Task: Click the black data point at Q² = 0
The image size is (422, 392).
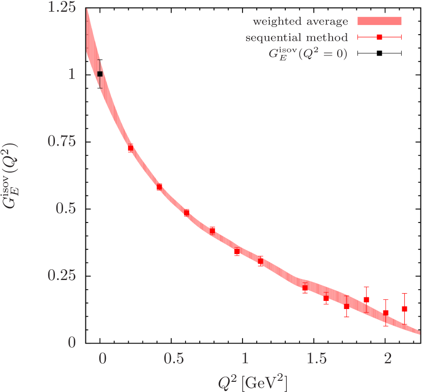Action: coord(100,74)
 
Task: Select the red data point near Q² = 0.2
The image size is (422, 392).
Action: coord(131,148)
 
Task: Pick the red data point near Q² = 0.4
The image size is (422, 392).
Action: coord(159,187)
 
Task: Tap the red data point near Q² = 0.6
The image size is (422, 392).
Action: coord(187,213)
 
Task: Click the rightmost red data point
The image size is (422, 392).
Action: coord(405,309)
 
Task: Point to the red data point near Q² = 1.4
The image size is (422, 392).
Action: coord(305,288)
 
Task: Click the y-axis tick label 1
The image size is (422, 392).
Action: coord(72,74)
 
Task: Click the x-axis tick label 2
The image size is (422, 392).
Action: coord(388,359)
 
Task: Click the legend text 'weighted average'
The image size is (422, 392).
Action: coord(300,22)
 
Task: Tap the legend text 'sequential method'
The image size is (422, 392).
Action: coord(296,38)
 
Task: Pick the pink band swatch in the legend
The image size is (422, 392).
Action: coord(379,21)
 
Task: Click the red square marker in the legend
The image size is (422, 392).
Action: coord(379,37)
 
